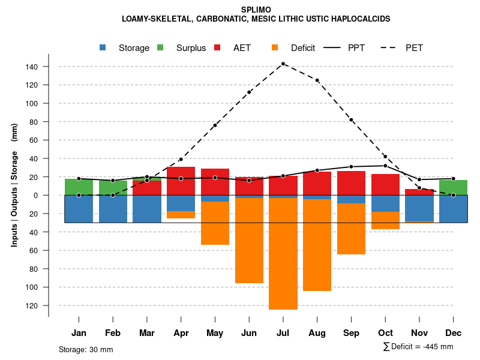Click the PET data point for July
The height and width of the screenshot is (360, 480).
pyautogui.click(x=283, y=64)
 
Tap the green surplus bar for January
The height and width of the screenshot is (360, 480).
pyautogui.click(x=79, y=187)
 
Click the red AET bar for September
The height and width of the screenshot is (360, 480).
pyautogui.click(x=351, y=183)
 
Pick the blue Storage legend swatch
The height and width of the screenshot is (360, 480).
pyautogui.click(x=103, y=47)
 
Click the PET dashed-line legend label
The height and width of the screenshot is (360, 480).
pyautogui.click(x=414, y=48)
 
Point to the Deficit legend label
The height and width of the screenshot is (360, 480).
pyautogui.click(x=303, y=48)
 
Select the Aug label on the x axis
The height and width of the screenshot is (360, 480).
pyautogui.click(x=317, y=333)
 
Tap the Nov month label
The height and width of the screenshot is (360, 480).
pyautogui.click(x=419, y=333)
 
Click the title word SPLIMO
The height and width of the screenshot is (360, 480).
pyautogui.click(x=256, y=10)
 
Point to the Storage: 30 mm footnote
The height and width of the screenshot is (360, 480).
pyautogui.click(x=86, y=349)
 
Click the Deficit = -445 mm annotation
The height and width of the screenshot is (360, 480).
pyautogui.click(x=418, y=347)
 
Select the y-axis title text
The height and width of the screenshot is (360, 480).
pyautogui.click(x=14, y=184)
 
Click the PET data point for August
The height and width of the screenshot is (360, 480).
pyautogui.click(x=317, y=80)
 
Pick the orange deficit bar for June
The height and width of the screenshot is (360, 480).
pyautogui.click(x=249, y=240)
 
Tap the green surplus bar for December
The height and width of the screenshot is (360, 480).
pyautogui.click(x=454, y=187)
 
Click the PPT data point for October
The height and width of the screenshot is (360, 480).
pyautogui.click(x=385, y=166)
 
